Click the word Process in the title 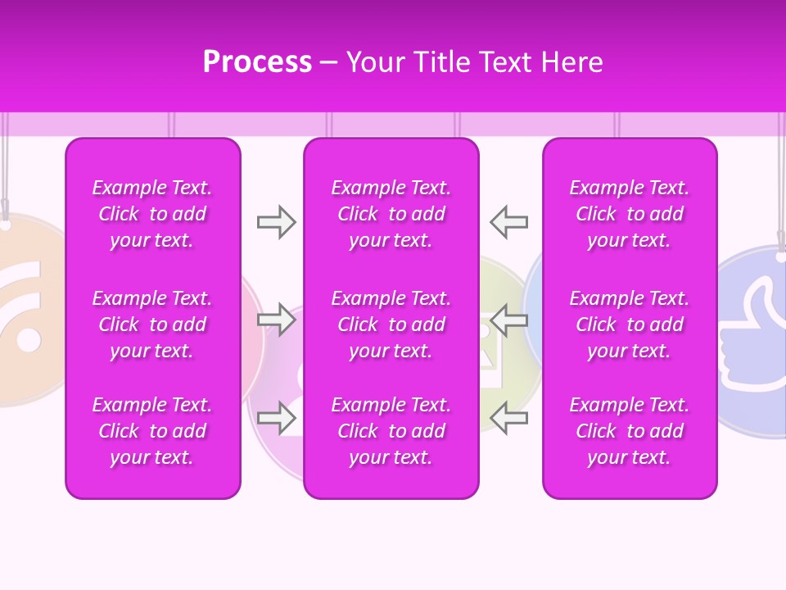257,62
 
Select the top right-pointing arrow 276,222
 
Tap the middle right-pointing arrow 276,320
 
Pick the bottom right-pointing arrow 276,418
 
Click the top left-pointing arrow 508,222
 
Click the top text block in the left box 152,214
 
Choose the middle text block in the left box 152,324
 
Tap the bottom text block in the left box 152,431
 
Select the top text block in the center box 391,214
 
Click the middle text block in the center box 391,324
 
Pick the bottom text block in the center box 391,431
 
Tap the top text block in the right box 630,214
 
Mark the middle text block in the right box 630,324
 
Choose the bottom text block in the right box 630,431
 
